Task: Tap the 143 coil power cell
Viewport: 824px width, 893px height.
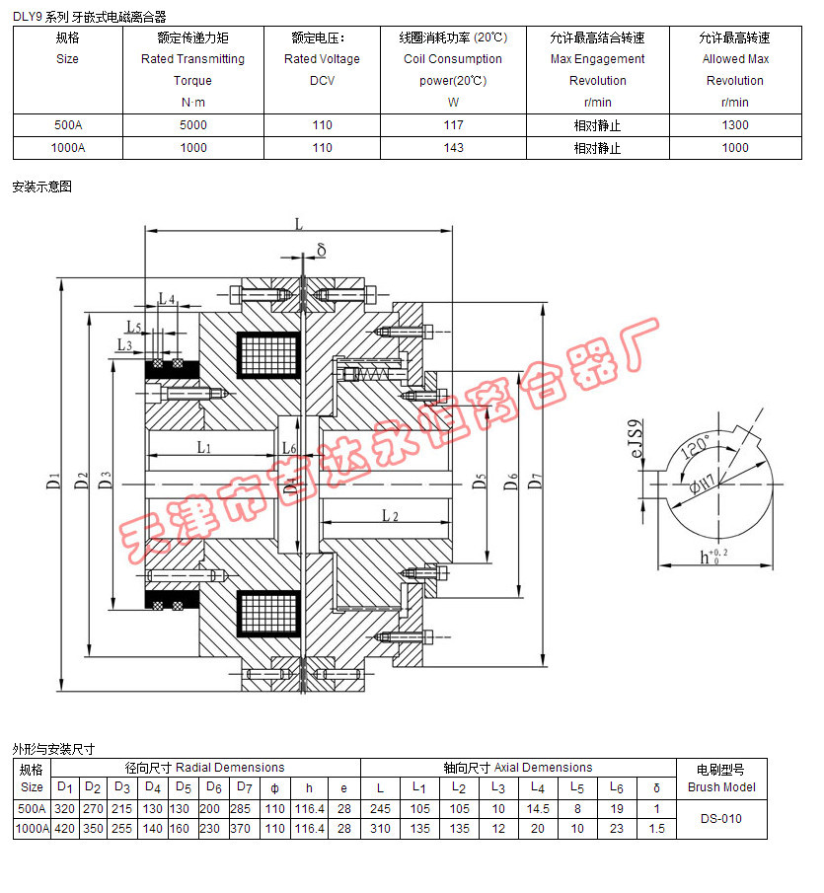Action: click(454, 148)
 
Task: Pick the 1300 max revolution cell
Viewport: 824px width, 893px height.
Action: click(734, 125)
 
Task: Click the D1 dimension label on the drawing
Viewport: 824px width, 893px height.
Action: click(54, 483)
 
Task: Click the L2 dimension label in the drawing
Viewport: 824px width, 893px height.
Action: click(389, 516)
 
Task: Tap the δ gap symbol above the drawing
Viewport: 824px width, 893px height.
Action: click(321, 251)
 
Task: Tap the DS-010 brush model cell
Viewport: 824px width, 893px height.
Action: click(721, 818)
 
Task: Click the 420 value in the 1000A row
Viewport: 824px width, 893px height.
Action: click(64, 829)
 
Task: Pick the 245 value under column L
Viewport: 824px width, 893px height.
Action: click(381, 808)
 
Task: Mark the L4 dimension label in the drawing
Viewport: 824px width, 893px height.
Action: click(166, 298)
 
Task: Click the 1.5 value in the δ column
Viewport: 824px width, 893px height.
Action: click(656, 829)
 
